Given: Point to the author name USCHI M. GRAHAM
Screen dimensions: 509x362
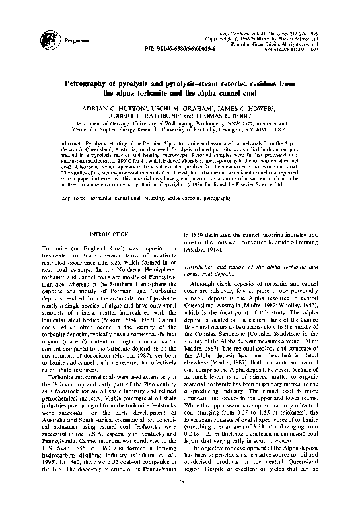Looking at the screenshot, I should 176,107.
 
